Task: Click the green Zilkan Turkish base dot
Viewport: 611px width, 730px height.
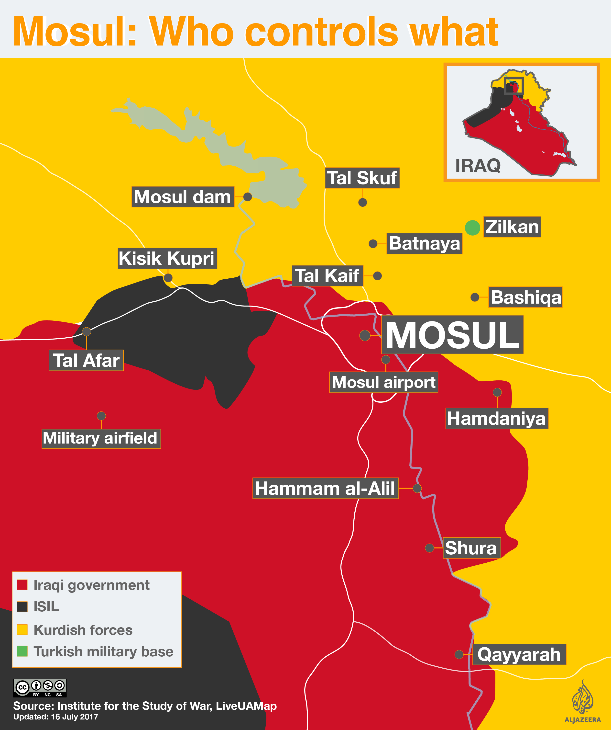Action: [x=472, y=228]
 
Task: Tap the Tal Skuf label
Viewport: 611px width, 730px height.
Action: [x=362, y=178]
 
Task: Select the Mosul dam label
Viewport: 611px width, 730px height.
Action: [x=183, y=197]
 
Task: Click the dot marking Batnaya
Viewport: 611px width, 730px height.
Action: [x=373, y=244]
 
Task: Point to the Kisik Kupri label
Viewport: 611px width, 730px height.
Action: [x=167, y=258]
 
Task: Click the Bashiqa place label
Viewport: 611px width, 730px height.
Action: [x=525, y=297]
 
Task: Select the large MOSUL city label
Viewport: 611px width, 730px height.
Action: [x=452, y=335]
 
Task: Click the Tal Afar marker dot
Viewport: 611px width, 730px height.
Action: [x=87, y=332]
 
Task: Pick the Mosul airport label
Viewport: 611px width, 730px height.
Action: [x=383, y=382]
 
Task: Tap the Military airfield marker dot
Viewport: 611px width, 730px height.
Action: [x=101, y=416]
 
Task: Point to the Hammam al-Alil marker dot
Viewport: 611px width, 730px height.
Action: [x=417, y=488]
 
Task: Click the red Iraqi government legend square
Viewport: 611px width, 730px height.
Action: [x=22, y=585]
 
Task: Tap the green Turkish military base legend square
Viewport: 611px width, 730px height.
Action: [x=22, y=651]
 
